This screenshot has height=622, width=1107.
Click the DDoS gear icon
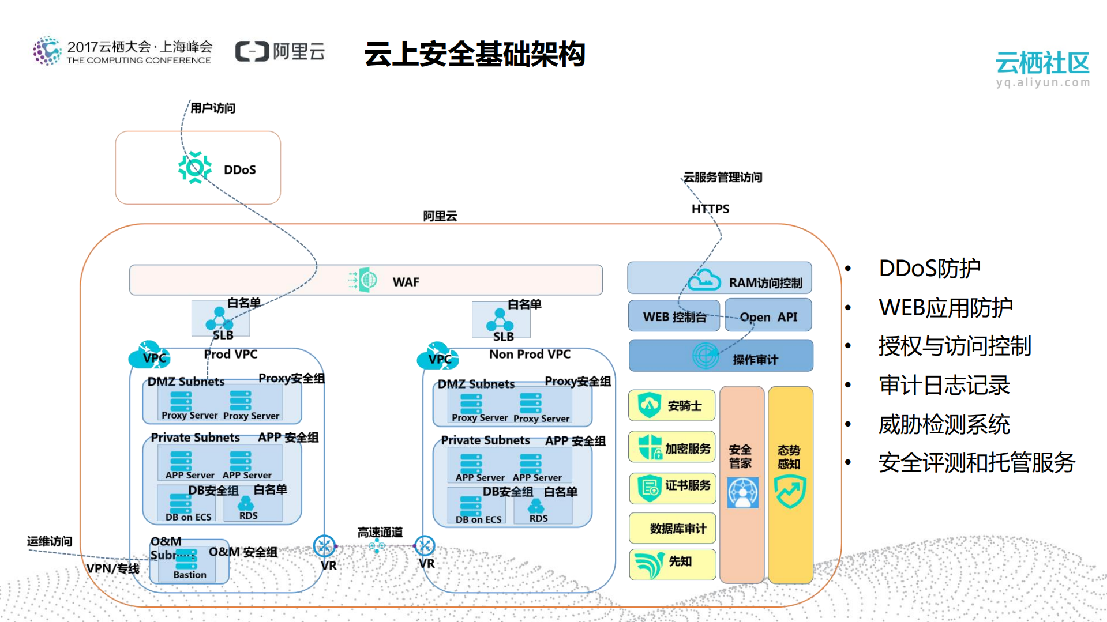point(195,168)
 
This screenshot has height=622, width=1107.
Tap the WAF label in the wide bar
point(406,282)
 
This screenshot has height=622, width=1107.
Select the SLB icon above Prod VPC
point(219,318)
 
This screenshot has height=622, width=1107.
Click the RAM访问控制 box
point(719,278)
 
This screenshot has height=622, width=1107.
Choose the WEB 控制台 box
point(674,316)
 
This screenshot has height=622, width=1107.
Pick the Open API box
point(768,316)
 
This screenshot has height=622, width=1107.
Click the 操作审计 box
point(721,356)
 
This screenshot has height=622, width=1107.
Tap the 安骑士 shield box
point(672,405)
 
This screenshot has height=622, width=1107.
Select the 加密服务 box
point(672,447)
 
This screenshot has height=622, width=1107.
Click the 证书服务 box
point(672,488)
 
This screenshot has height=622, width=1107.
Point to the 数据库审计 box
point(672,528)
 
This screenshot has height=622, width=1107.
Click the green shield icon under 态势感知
point(790,492)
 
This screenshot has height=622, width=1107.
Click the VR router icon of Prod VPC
point(324,546)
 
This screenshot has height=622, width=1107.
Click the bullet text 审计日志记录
point(944,385)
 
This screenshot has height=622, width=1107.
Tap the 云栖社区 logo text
point(1042,63)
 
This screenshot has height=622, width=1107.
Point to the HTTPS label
point(710,209)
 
